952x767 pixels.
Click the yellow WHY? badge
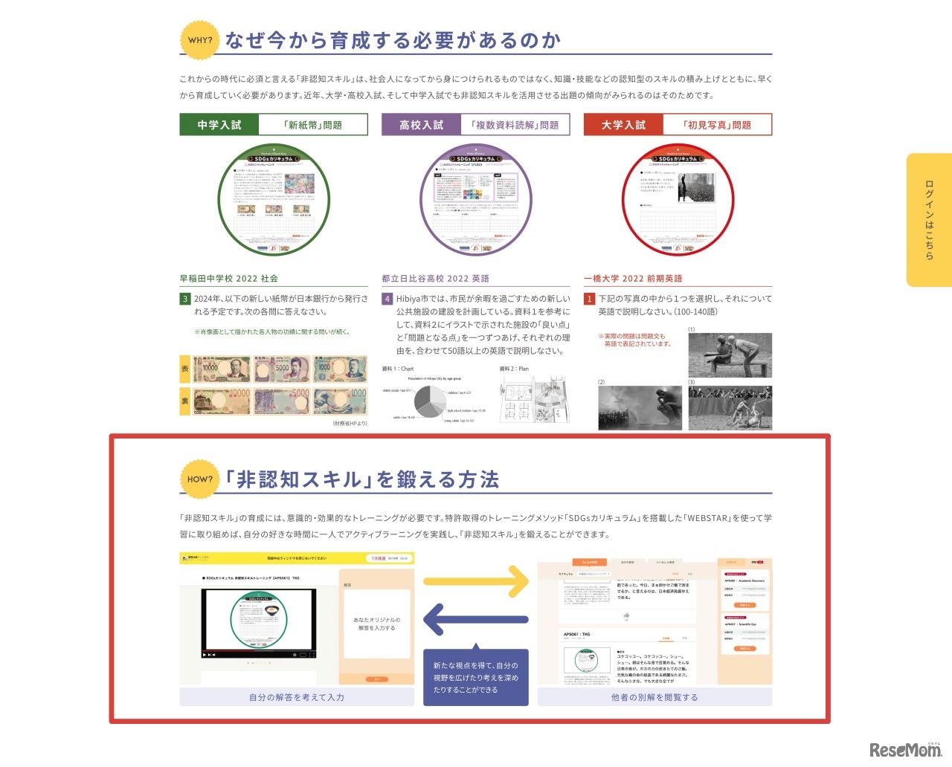[x=200, y=40]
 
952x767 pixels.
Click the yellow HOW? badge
[x=200, y=479]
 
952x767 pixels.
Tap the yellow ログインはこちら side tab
[x=929, y=220]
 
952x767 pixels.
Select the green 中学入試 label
[x=219, y=125]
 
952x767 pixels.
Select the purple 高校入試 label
[x=421, y=125]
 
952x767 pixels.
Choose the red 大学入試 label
[x=623, y=125]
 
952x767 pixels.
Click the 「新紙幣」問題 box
[x=313, y=125]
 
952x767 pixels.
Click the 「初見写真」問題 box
[x=717, y=125]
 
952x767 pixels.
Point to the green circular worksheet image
[x=274, y=200]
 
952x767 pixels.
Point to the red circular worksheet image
[x=678, y=200]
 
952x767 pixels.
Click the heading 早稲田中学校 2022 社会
[x=229, y=279]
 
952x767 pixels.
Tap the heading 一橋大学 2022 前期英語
[x=633, y=279]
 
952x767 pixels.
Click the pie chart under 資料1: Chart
[x=430, y=401]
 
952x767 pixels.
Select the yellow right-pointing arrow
[x=476, y=581]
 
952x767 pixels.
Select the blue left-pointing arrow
[x=476, y=619]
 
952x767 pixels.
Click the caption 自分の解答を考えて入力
[x=297, y=697]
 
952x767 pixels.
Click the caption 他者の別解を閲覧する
[x=654, y=697]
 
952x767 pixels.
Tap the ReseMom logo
[x=905, y=750]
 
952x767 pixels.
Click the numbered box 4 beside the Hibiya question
[x=387, y=299]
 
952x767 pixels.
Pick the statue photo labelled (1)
[x=730, y=355]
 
